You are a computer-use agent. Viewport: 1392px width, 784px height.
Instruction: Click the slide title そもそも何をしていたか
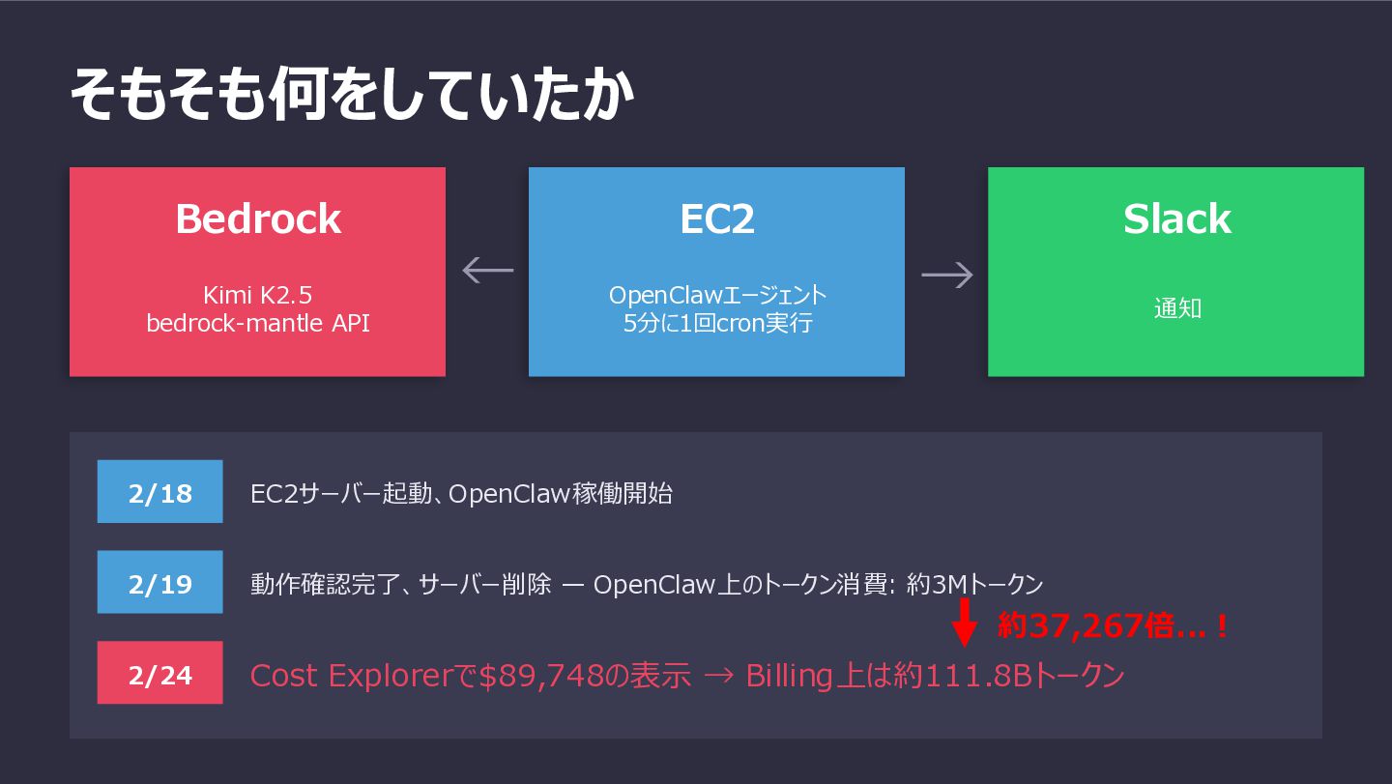(x=352, y=94)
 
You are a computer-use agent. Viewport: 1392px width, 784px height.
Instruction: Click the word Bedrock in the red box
(x=257, y=219)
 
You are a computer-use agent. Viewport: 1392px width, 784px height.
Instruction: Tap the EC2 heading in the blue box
(x=716, y=219)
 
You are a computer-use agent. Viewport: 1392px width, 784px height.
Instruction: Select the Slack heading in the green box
(x=1176, y=219)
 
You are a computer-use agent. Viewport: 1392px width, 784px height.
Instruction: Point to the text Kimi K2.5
(x=257, y=295)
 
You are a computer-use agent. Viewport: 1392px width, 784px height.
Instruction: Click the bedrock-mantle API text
(x=257, y=323)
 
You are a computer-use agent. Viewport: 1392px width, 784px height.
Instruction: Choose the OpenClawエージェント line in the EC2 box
(x=717, y=295)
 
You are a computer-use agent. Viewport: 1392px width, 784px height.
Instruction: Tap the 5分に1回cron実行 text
(x=717, y=323)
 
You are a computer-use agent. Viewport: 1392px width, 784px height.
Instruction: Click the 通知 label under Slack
(x=1176, y=309)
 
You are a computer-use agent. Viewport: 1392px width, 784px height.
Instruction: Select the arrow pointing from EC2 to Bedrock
(x=487, y=270)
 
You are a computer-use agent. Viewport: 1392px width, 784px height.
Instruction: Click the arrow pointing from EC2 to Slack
(x=946, y=275)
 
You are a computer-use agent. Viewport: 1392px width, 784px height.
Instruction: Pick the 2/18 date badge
(x=159, y=493)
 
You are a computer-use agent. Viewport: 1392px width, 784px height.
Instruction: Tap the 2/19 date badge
(x=159, y=583)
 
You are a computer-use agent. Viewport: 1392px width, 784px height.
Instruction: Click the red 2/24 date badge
(x=159, y=674)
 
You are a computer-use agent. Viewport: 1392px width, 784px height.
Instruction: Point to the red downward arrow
(x=964, y=622)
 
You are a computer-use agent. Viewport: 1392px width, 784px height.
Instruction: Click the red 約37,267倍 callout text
(x=1112, y=627)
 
